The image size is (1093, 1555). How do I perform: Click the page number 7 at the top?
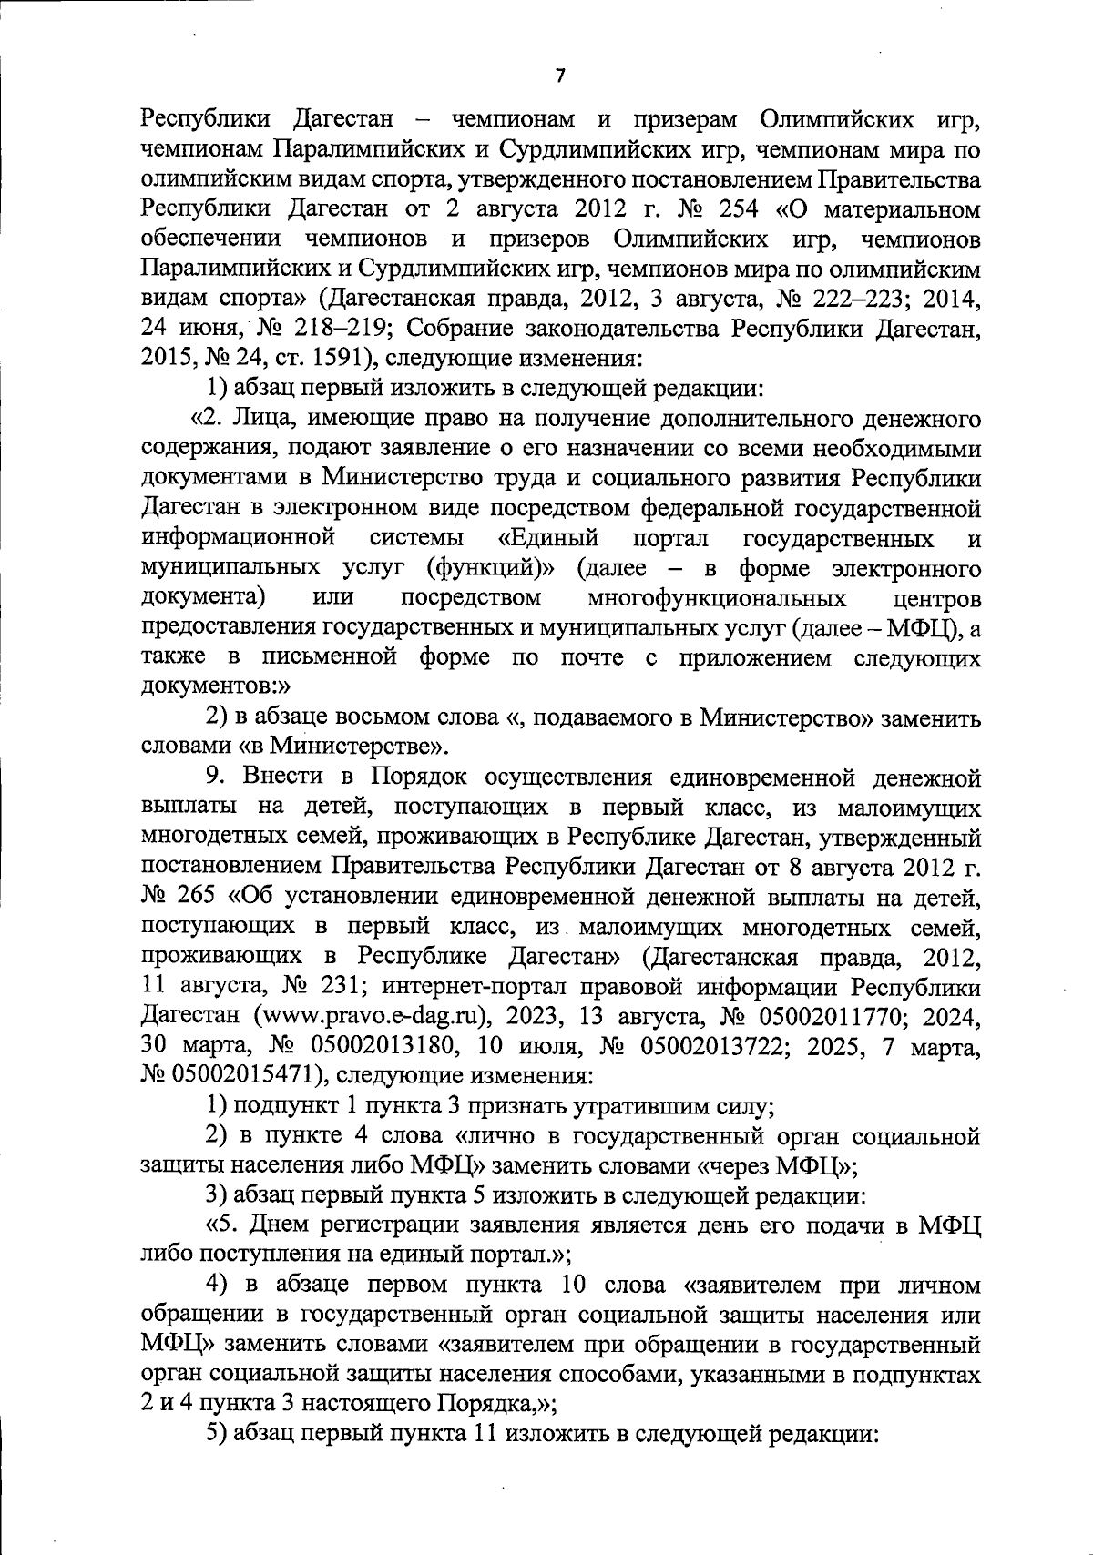[x=560, y=77]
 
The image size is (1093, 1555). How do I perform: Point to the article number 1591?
[x=329, y=359]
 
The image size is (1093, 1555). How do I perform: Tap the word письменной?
[x=329, y=658]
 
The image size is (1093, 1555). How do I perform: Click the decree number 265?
[x=195, y=898]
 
